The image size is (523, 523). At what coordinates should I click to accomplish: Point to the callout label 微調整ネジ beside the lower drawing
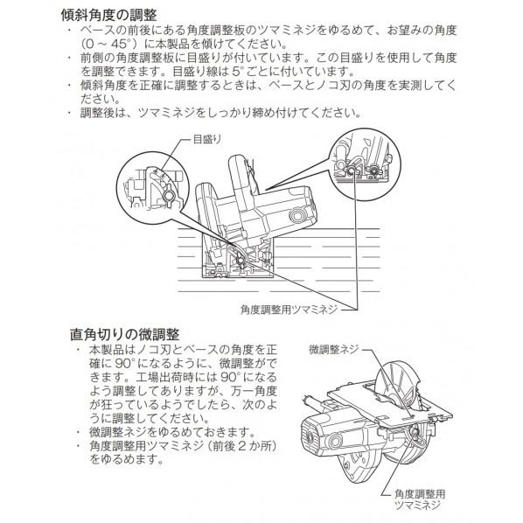(x=333, y=348)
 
